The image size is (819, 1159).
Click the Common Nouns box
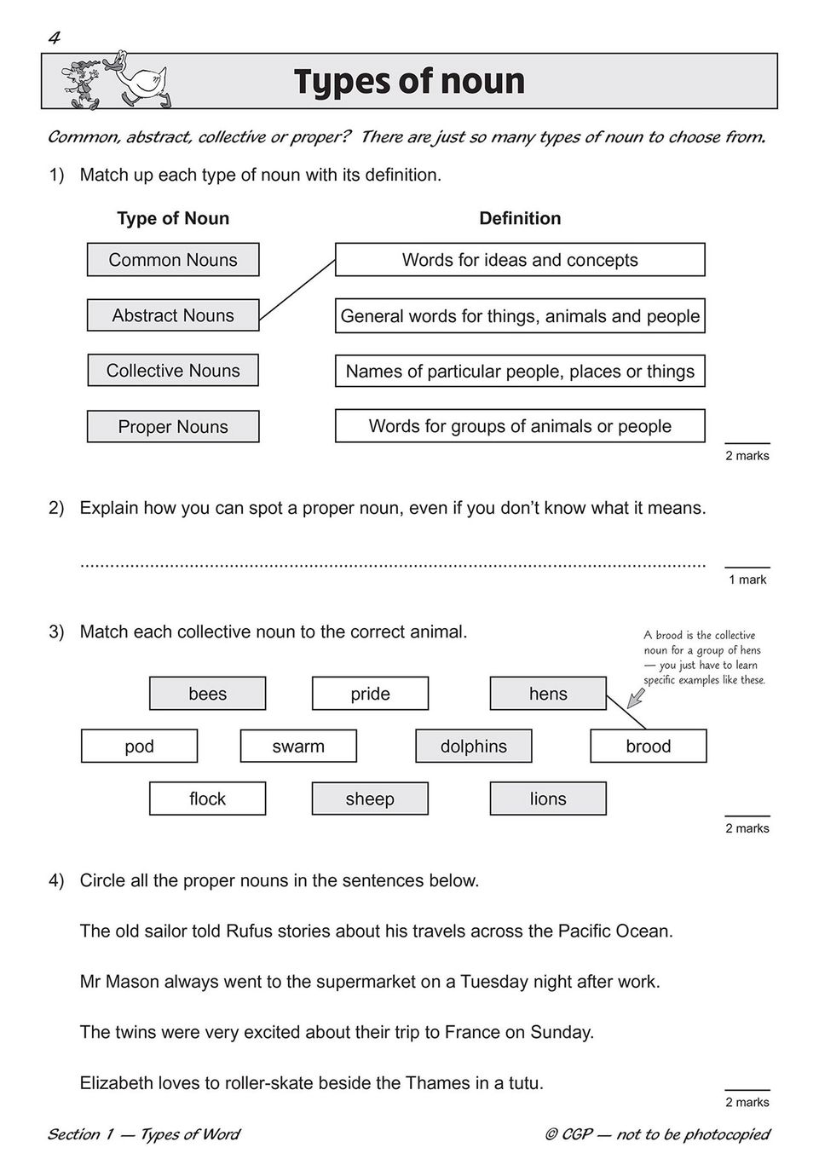(x=173, y=260)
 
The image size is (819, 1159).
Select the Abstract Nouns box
(x=173, y=315)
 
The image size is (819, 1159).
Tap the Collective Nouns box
(x=173, y=371)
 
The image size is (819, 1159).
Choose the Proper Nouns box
(x=173, y=426)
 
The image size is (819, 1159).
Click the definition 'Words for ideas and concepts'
(x=520, y=260)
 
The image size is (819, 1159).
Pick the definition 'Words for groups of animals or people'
(x=520, y=426)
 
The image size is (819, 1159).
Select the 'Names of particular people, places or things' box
(x=520, y=371)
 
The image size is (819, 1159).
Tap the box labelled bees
(x=207, y=694)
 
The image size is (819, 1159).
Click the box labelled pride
(x=370, y=694)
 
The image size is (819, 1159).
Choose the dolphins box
(x=473, y=747)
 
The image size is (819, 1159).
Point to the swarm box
(x=298, y=747)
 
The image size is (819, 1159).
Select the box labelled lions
(x=548, y=799)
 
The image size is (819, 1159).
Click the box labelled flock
(x=207, y=799)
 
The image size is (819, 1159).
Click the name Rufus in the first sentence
(x=250, y=931)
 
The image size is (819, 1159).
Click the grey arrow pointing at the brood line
(x=635, y=699)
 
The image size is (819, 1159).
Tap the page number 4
(x=55, y=37)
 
